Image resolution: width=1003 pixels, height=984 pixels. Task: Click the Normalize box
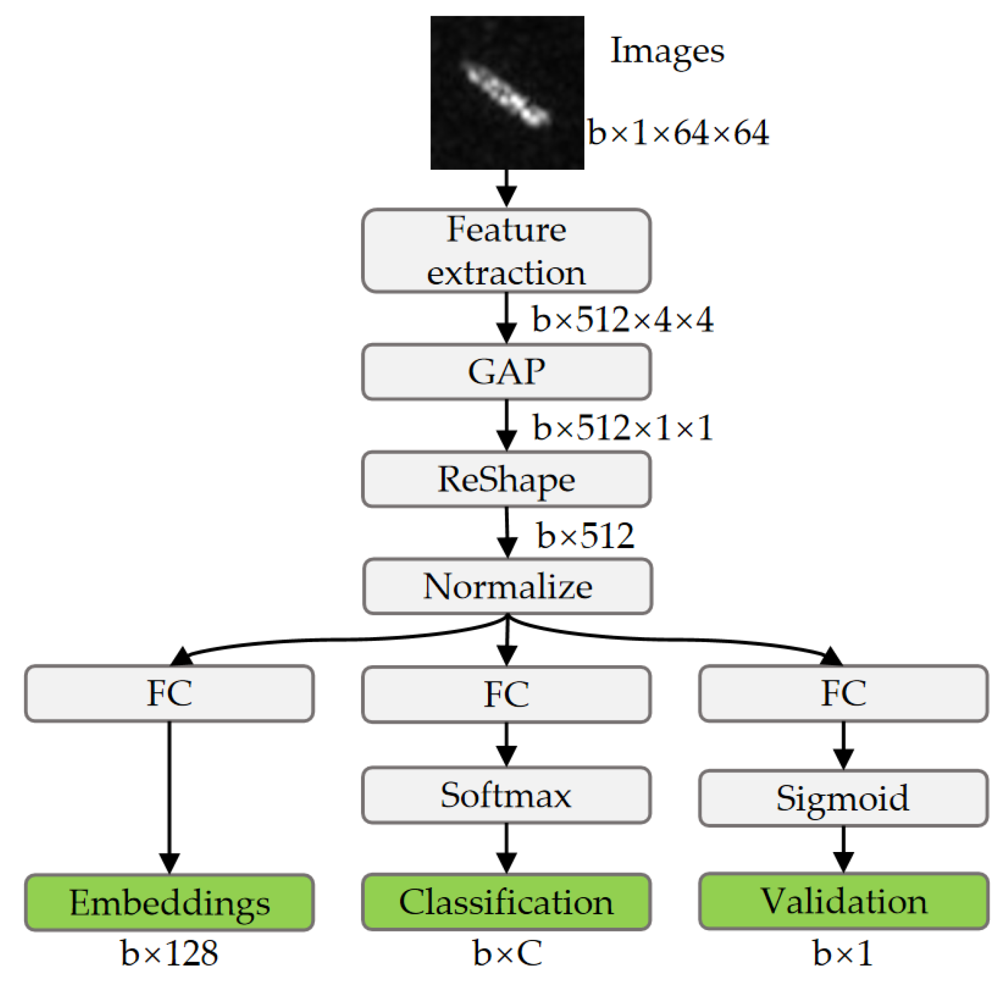pos(508,586)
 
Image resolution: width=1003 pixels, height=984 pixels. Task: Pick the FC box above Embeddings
pos(169,693)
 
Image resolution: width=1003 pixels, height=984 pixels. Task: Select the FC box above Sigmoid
pos(843,693)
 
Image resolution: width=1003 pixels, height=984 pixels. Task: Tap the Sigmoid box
pos(843,798)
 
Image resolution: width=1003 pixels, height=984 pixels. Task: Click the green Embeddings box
pos(169,902)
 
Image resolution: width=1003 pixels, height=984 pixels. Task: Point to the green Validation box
pos(843,901)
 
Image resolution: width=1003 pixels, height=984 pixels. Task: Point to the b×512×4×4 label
pos(623,319)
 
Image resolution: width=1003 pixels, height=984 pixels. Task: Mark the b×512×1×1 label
pos(623,428)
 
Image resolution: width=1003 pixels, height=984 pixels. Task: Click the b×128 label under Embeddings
pos(169,953)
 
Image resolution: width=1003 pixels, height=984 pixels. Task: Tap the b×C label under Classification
pos(507,953)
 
